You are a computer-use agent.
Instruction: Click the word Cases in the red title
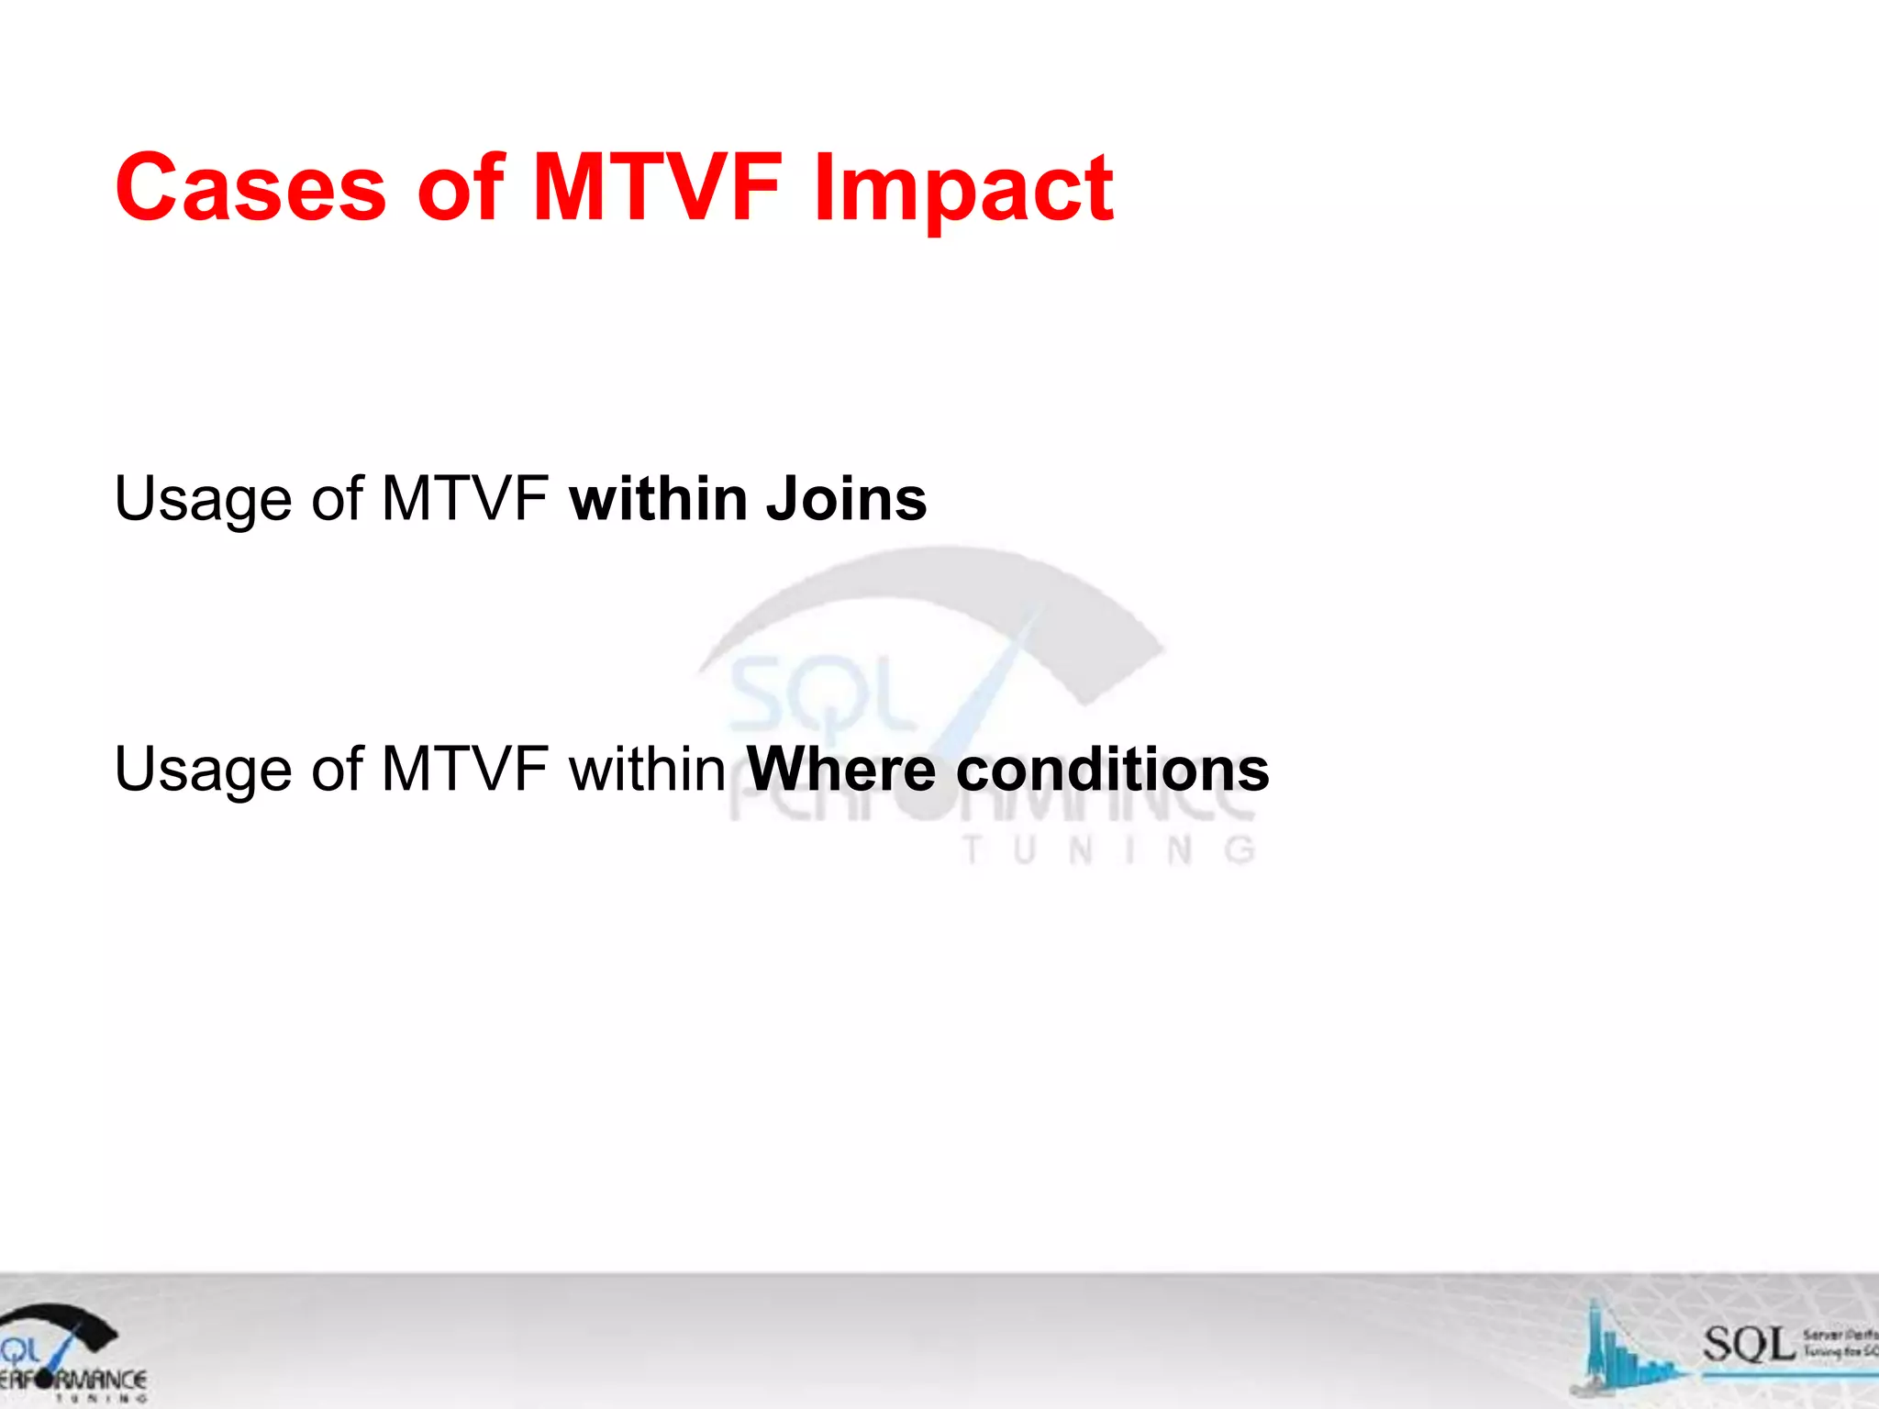click(250, 188)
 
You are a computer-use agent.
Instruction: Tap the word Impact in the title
click(963, 188)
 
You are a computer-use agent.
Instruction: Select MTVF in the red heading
click(657, 188)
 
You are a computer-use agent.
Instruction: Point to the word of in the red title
click(460, 188)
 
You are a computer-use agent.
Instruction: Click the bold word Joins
click(846, 499)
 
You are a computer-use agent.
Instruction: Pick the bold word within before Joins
click(659, 499)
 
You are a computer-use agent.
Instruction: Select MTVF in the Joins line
click(464, 499)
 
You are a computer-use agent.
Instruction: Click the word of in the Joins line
click(337, 499)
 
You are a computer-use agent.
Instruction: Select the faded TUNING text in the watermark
click(1108, 851)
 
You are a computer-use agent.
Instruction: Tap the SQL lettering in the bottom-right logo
click(1749, 1345)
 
